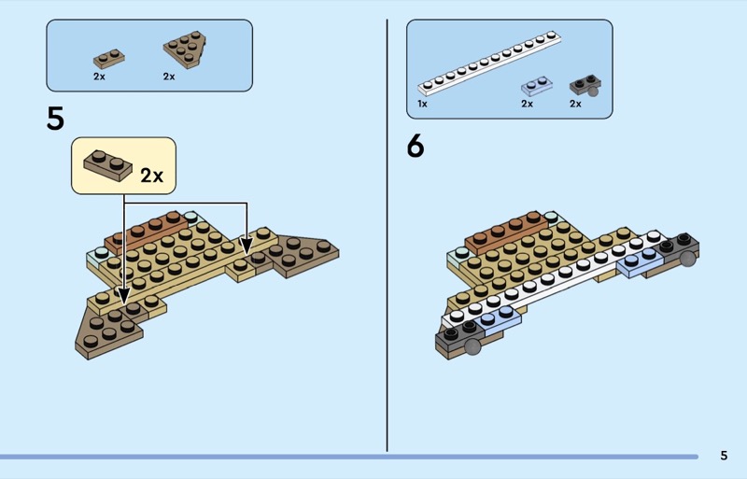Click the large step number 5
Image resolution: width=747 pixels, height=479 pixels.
coord(55,120)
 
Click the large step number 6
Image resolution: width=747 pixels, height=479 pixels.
coord(416,147)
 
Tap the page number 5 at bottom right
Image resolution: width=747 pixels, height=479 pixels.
coord(724,456)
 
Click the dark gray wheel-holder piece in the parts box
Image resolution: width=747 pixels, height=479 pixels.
coord(585,87)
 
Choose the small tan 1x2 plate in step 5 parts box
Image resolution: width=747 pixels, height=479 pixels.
coord(108,57)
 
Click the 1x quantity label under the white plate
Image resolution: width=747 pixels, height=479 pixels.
coord(423,104)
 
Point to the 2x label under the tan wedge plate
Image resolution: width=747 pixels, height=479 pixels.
coord(169,77)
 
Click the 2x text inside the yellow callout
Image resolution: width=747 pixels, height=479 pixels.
coord(151,175)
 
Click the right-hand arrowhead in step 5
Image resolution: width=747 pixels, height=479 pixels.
coord(246,248)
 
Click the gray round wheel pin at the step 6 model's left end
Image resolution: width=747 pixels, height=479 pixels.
coord(472,347)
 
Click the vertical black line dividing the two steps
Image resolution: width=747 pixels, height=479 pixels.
coord(387,233)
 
